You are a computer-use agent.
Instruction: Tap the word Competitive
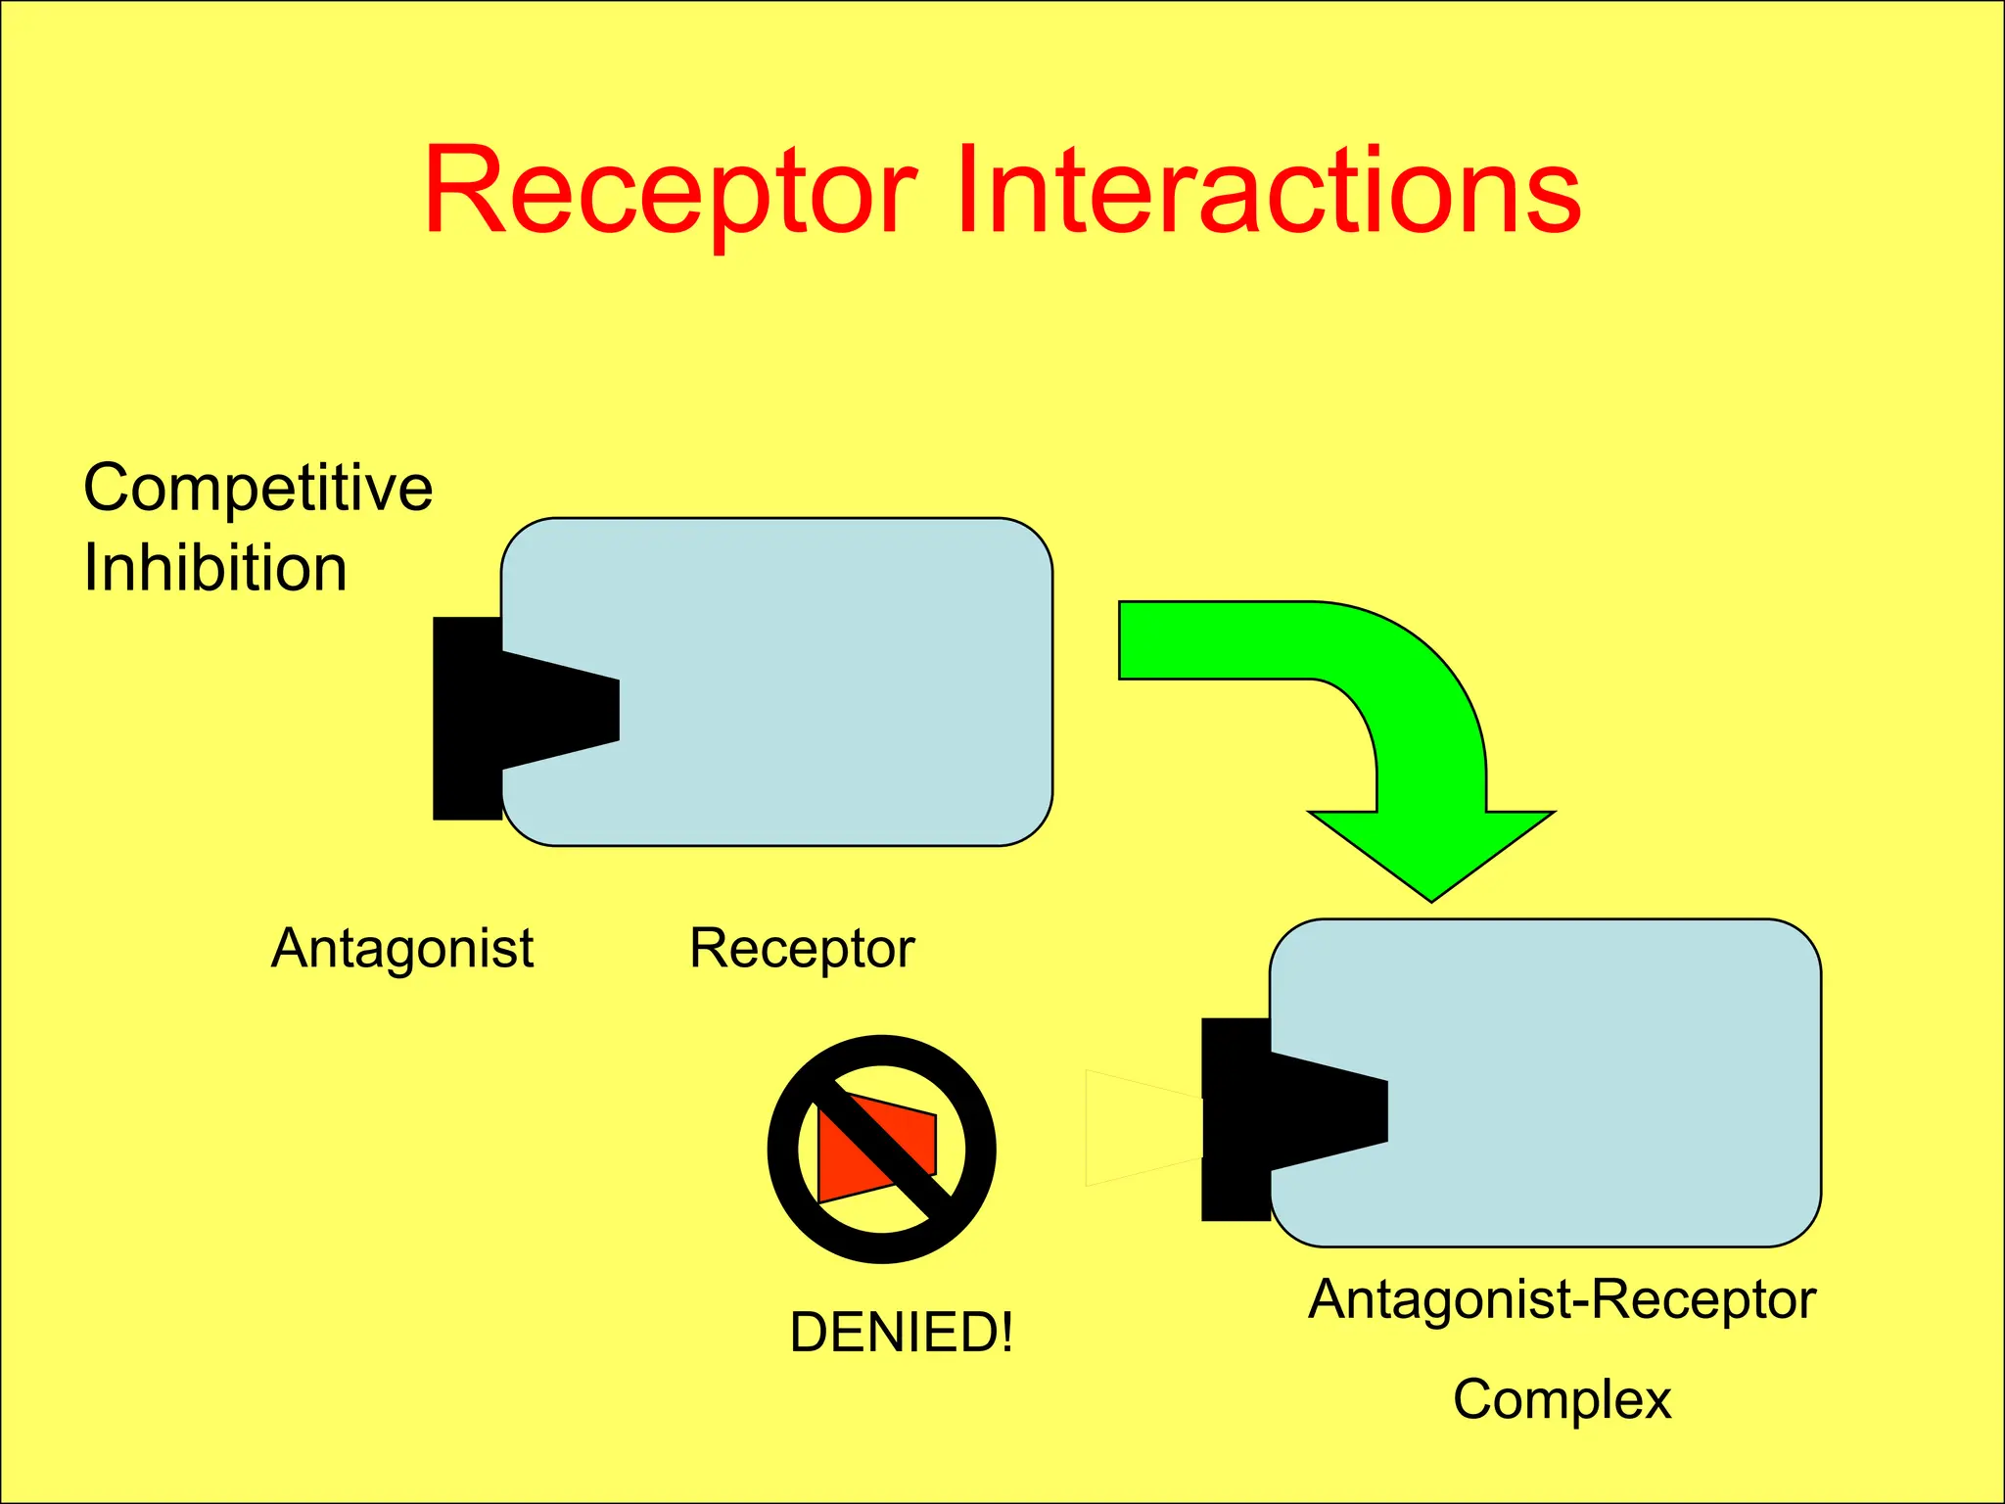click(x=257, y=489)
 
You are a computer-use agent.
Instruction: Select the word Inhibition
click(x=215, y=568)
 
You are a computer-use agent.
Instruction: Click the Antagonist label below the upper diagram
click(x=402, y=948)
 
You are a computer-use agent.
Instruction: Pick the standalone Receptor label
click(x=802, y=948)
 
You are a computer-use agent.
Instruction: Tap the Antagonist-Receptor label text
click(x=1562, y=1299)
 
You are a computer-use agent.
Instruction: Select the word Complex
click(x=1562, y=1399)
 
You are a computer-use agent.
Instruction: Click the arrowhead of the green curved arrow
click(x=1431, y=852)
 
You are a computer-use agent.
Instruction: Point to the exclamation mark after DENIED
click(x=1005, y=1333)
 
